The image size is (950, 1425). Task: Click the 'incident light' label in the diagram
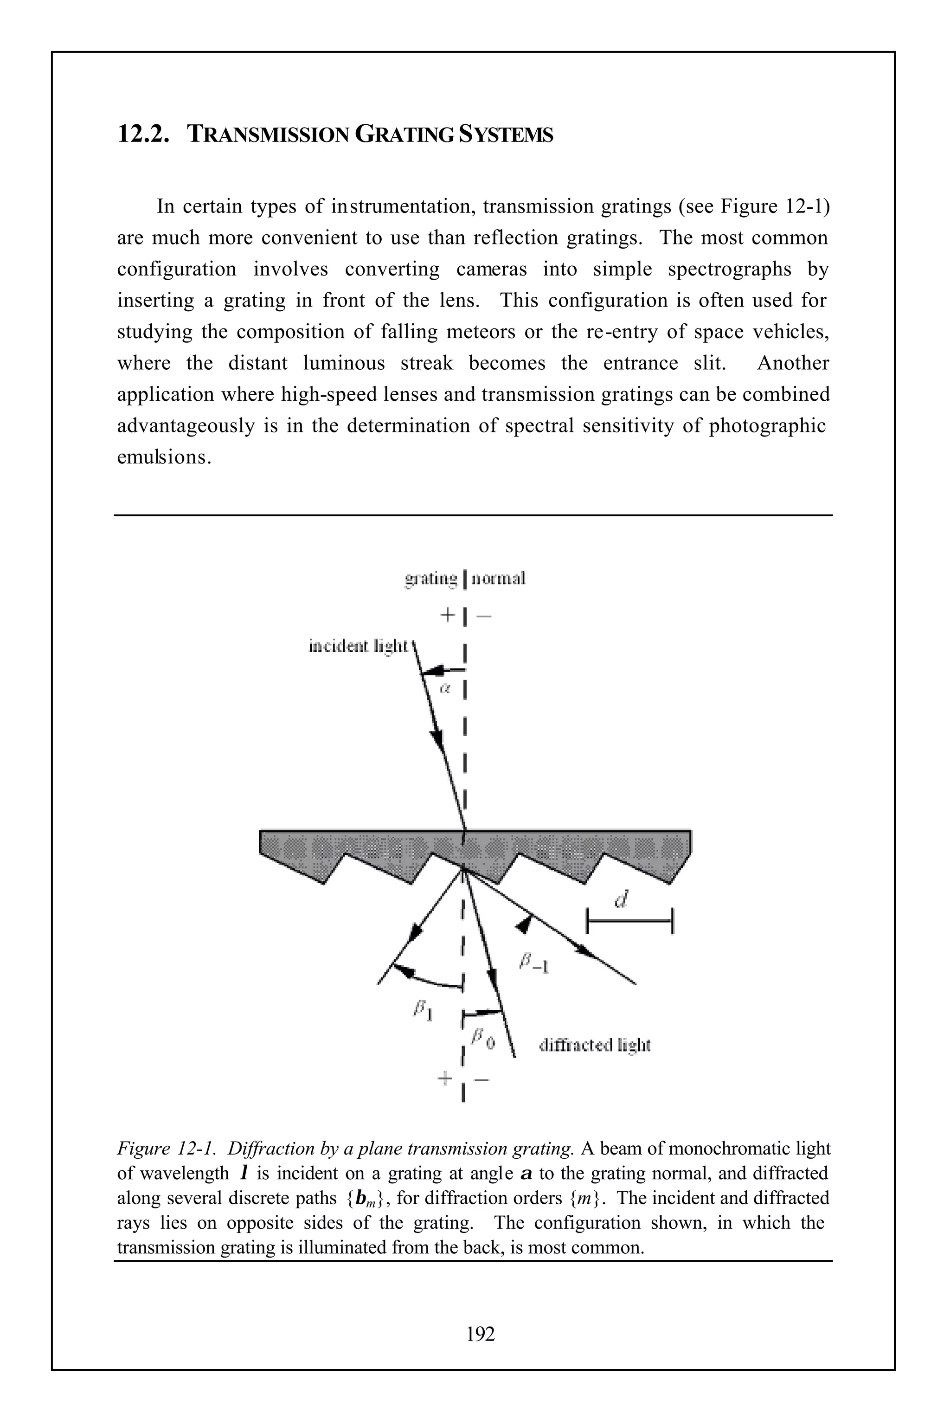pyautogui.click(x=359, y=647)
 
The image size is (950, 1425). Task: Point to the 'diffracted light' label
pyautogui.click(x=594, y=1046)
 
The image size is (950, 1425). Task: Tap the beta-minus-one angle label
pyautogui.click(x=534, y=964)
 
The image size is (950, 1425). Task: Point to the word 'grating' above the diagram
pyautogui.click(x=431, y=579)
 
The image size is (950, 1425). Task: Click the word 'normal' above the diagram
pyautogui.click(x=498, y=579)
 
